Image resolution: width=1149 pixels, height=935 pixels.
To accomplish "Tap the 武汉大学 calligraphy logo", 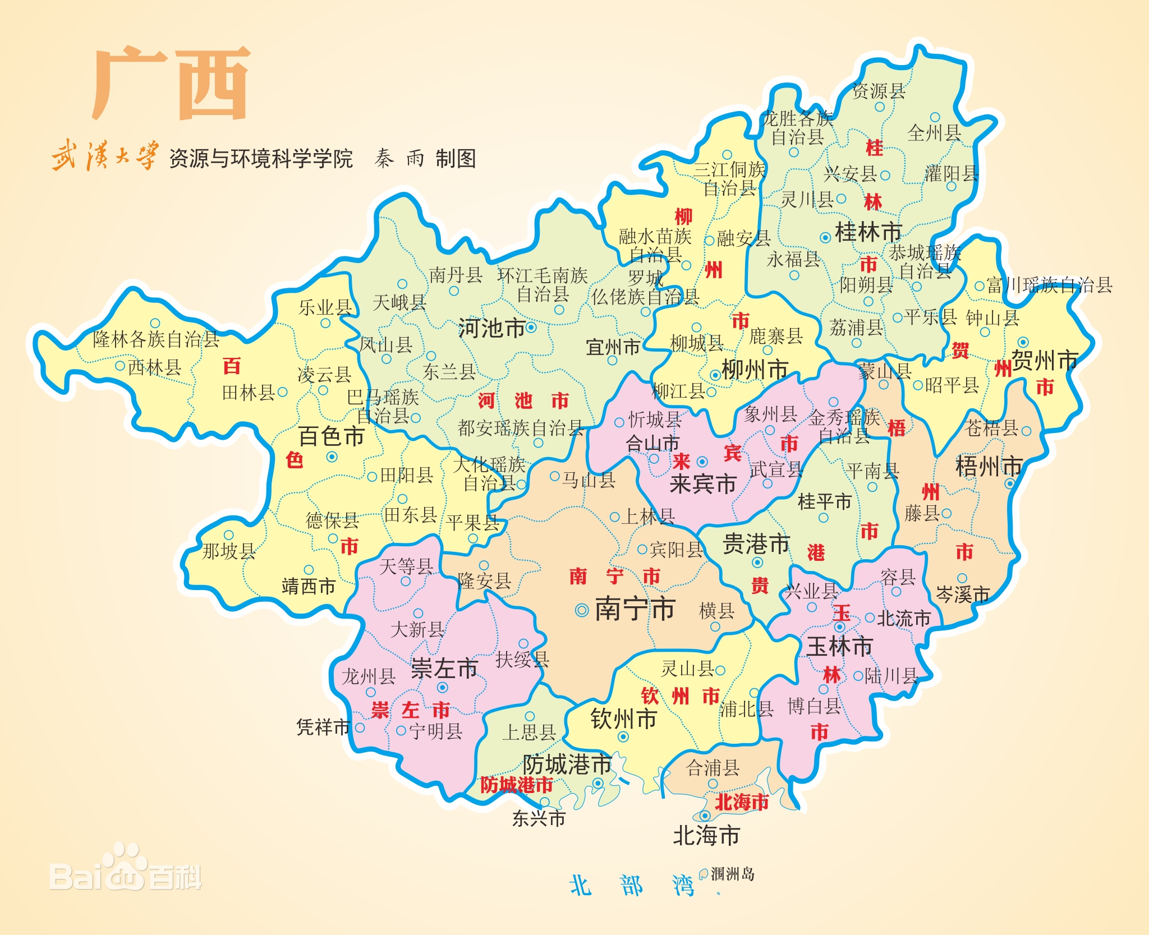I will pyautogui.click(x=105, y=156).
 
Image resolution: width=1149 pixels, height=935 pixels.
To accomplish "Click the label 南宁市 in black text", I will pyautogui.click(x=635, y=609).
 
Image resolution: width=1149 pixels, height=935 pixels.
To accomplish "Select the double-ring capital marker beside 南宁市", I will pyautogui.click(x=582, y=610).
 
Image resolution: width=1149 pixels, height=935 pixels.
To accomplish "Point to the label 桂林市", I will pyautogui.click(x=868, y=232).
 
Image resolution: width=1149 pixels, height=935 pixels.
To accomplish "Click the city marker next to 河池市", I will pyautogui.click(x=531, y=327).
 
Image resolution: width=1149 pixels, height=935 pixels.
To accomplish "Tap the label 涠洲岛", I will pyautogui.click(x=732, y=874).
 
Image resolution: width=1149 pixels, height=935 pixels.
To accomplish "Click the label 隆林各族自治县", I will pyautogui.click(x=156, y=339).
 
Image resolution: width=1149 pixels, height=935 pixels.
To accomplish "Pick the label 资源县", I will pyautogui.click(x=879, y=91).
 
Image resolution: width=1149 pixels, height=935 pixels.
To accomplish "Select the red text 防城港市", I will pyautogui.click(x=516, y=785).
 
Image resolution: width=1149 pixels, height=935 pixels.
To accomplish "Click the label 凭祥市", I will pyautogui.click(x=323, y=727).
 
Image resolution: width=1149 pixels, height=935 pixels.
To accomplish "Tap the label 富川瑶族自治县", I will pyautogui.click(x=1050, y=285).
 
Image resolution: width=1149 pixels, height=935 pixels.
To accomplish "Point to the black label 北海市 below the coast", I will pyautogui.click(x=706, y=836).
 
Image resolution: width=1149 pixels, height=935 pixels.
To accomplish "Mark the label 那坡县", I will pyautogui.click(x=228, y=551).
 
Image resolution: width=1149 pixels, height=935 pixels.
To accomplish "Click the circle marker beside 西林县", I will pyautogui.click(x=120, y=366).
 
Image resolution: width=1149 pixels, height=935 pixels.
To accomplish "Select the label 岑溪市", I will pyautogui.click(x=963, y=595).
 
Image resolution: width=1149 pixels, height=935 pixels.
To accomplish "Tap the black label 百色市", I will pyautogui.click(x=331, y=436).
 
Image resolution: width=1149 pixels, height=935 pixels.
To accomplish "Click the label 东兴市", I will pyautogui.click(x=539, y=818).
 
